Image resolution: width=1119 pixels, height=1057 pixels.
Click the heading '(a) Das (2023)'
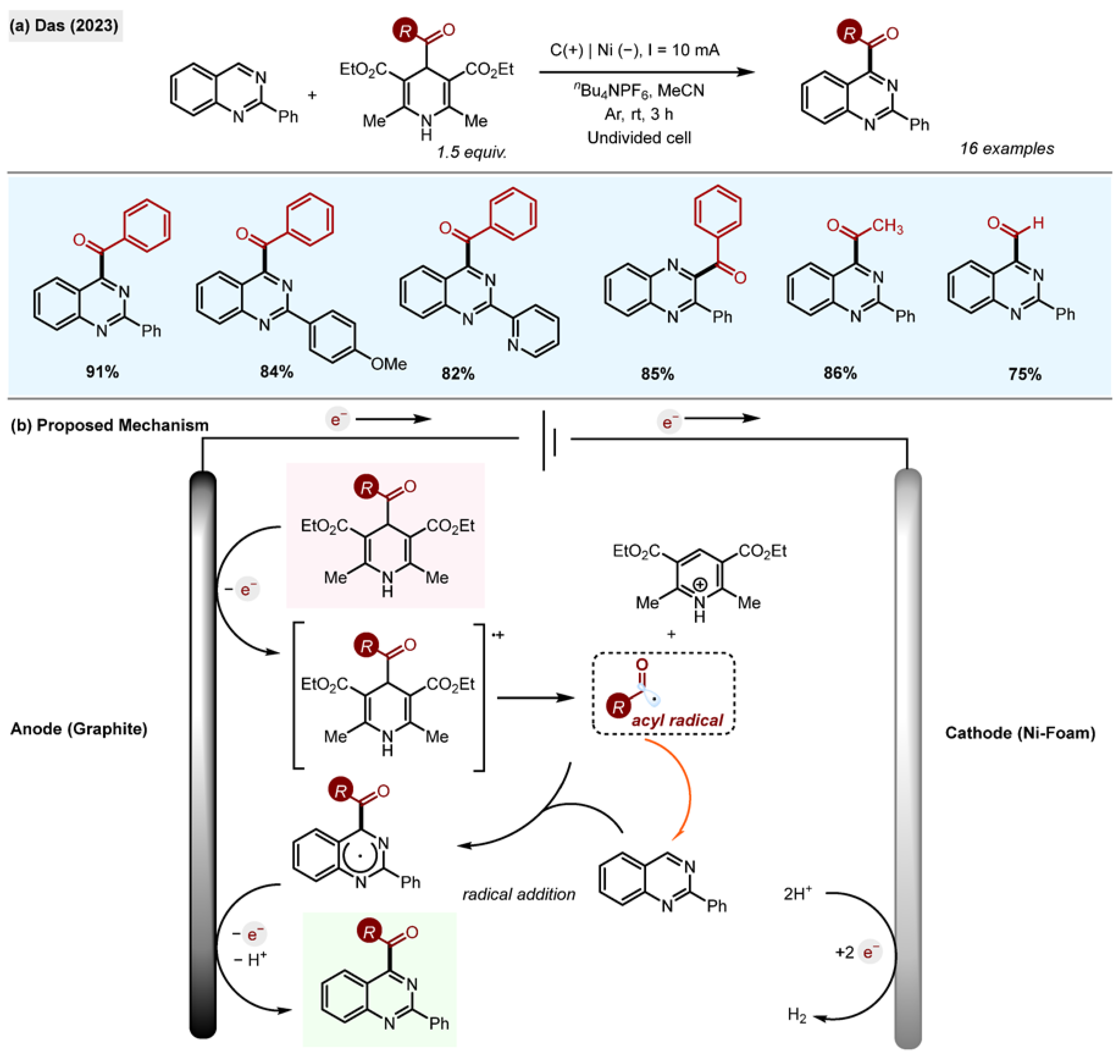(64, 26)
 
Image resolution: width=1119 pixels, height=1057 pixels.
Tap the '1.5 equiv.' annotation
(471, 152)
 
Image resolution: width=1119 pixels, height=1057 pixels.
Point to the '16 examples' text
(1006, 149)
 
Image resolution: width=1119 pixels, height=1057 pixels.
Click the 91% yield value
(102, 372)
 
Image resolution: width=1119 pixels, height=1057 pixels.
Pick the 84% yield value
(276, 372)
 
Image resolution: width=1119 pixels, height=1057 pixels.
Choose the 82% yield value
(458, 373)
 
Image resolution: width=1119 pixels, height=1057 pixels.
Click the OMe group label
(388, 364)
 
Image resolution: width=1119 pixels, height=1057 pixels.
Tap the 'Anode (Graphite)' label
(79, 729)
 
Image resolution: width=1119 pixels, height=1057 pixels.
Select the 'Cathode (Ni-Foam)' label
(1020, 732)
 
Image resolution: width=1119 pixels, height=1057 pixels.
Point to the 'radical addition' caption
(519, 894)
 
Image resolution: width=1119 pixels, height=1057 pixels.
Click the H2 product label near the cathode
(797, 1015)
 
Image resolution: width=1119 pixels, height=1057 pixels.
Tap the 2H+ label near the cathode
(797, 894)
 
